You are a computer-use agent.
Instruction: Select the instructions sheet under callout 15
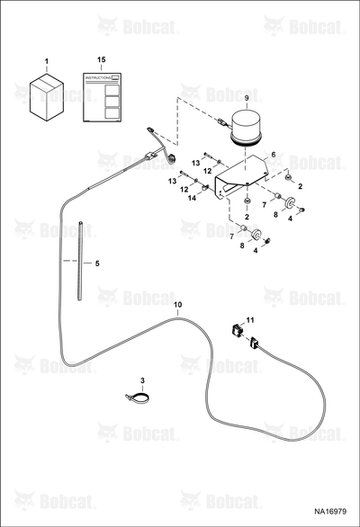pyautogui.click(x=102, y=97)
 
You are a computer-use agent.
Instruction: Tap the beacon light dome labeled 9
pyautogui.click(x=247, y=130)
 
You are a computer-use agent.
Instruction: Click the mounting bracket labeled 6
pyautogui.click(x=241, y=178)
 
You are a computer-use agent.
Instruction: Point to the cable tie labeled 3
pyautogui.click(x=138, y=397)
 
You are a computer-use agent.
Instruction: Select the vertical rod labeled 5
pyautogui.click(x=80, y=261)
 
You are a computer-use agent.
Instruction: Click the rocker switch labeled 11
pyautogui.click(x=237, y=329)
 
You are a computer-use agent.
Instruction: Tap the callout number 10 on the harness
pyautogui.click(x=178, y=305)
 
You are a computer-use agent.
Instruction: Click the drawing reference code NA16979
pyautogui.click(x=330, y=512)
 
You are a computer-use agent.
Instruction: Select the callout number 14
pyautogui.click(x=192, y=198)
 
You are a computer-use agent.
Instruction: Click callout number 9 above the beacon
pyautogui.click(x=247, y=98)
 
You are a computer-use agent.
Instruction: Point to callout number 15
pyautogui.click(x=102, y=59)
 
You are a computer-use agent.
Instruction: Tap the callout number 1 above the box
pyautogui.click(x=47, y=61)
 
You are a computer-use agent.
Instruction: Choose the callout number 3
pyautogui.click(x=142, y=380)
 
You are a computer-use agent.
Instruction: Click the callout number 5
pyautogui.click(x=97, y=263)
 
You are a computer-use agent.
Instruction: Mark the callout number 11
pyautogui.click(x=249, y=320)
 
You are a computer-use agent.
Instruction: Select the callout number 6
pyautogui.click(x=274, y=155)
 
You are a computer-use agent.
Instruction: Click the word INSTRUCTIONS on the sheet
pyautogui.click(x=98, y=77)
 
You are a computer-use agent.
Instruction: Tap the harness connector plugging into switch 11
pyautogui.click(x=254, y=344)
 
